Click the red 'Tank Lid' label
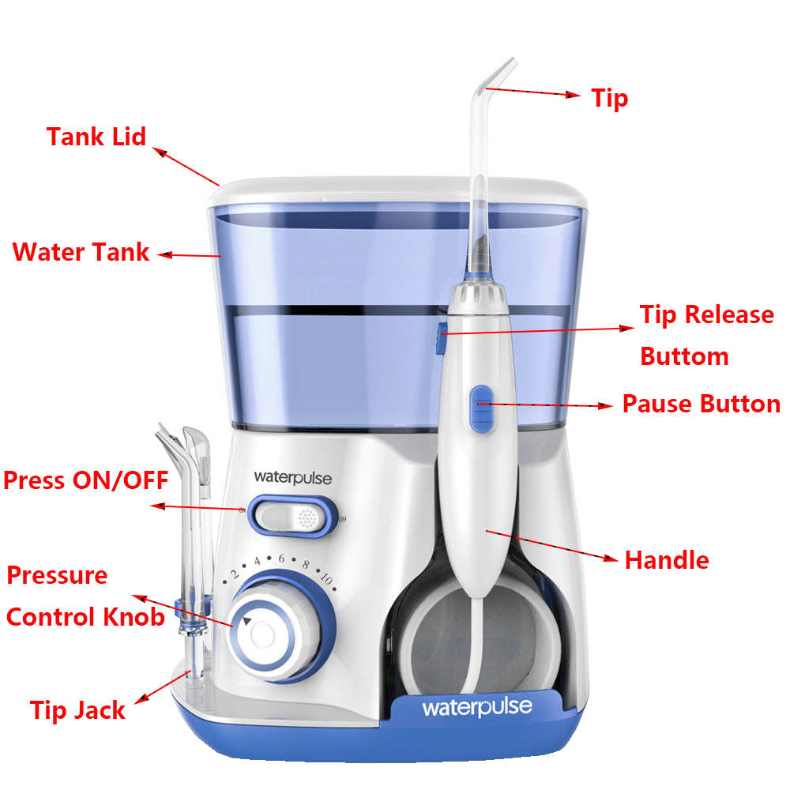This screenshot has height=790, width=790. [96, 136]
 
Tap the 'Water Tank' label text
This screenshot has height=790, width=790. [81, 252]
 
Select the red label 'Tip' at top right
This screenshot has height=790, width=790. [610, 98]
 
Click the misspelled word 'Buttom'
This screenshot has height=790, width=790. [684, 355]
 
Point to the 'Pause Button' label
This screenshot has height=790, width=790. [701, 404]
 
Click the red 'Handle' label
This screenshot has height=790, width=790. [666, 560]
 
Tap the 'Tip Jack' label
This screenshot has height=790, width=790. [77, 709]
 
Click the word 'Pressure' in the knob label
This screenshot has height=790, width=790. [57, 574]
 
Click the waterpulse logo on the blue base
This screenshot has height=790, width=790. [476, 706]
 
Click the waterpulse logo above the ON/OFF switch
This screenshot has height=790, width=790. [292, 477]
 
